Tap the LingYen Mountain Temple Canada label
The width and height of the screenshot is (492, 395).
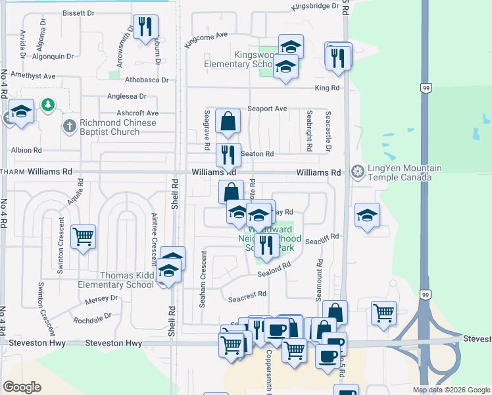pos(400,172)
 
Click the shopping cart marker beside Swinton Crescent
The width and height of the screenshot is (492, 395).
pos(83,236)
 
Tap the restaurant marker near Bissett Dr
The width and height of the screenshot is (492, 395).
pos(145,27)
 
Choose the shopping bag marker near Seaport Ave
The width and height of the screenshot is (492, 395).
pos(228,121)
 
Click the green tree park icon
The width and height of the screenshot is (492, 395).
pos(47,105)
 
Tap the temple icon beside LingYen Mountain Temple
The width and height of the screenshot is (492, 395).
pos(358,172)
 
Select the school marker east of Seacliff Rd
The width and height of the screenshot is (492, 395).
pos(367,215)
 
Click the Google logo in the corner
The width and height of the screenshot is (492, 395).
pos(22,387)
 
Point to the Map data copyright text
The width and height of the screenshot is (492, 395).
pos(451,390)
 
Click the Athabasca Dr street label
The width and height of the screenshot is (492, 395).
pos(147,80)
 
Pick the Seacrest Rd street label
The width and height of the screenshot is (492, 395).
pos(247,298)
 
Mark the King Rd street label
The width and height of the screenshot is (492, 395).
pos(327,88)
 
